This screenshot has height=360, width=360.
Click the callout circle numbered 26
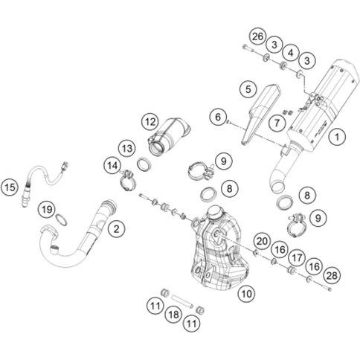tap(257, 36)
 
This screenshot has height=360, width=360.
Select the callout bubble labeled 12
tap(150, 122)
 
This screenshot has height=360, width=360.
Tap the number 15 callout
tap(10, 187)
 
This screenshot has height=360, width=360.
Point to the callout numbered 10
tap(246, 294)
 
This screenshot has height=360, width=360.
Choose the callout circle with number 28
tap(332, 275)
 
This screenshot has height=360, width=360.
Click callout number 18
tap(173, 315)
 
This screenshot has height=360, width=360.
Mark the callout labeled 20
tap(263, 241)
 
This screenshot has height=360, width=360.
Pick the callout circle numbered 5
tap(248, 89)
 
